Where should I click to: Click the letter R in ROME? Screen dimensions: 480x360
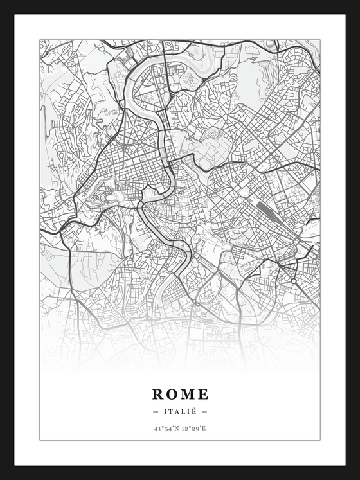pyautogui.click(x=157, y=394)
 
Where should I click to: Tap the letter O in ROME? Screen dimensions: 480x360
pyautogui.click(x=172, y=394)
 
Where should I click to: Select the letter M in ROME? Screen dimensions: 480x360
pyautogui.click(x=188, y=394)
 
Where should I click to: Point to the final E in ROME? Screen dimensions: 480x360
pyautogui.click(x=203, y=394)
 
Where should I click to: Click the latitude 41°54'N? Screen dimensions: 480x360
pyautogui.click(x=166, y=427)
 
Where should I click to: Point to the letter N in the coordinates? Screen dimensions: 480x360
pyautogui.click(x=176, y=427)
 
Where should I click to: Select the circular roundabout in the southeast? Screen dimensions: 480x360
pyautogui.click(x=294, y=281)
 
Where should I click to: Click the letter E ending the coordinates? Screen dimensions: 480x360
pyautogui.click(x=204, y=427)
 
